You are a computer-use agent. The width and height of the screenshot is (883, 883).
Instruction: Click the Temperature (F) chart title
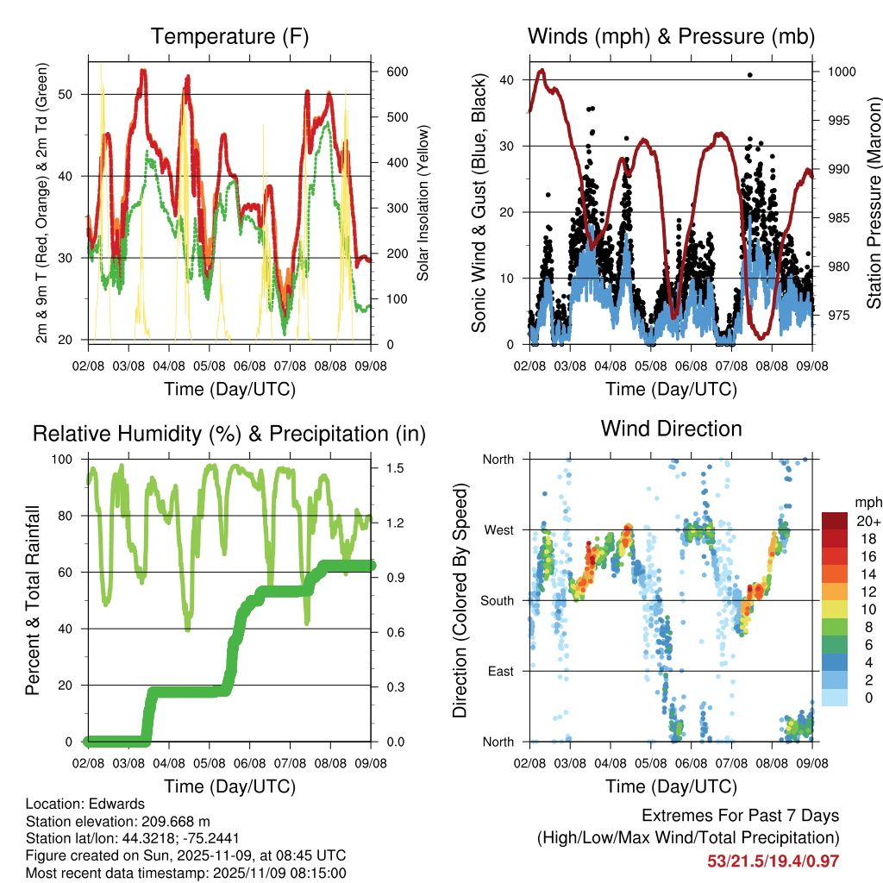pyautogui.click(x=229, y=37)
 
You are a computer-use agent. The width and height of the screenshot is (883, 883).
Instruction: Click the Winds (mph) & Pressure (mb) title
pyautogui.click(x=671, y=37)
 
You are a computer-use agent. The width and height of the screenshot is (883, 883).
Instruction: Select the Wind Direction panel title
pyautogui.click(x=671, y=429)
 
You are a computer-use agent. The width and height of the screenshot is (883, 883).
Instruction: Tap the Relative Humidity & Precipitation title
pyautogui.click(x=229, y=434)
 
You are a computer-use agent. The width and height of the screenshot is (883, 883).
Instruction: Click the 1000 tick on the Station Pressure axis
pyautogui.click(x=840, y=72)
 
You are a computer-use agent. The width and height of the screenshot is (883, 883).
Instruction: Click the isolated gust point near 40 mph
pyautogui.click(x=750, y=75)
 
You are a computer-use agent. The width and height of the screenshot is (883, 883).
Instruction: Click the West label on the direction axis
pyautogui.click(x=498, y=529)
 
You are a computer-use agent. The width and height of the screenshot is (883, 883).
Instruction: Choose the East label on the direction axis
pyautogui.click(x=500, y=671)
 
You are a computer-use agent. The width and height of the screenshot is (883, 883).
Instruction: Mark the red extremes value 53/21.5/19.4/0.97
pyautogui.click(x=773, y=861)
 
